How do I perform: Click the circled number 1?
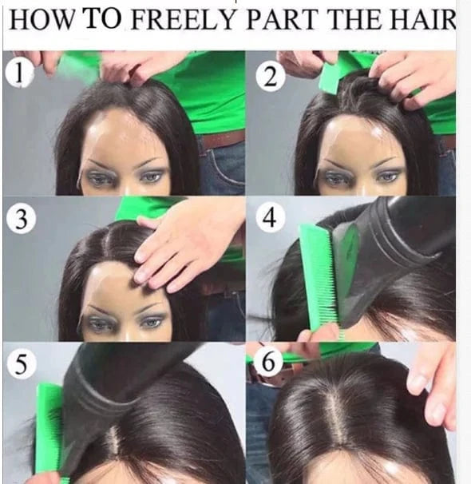[19, 73]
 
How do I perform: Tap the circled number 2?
[271, 77]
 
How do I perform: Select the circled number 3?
[21, 219]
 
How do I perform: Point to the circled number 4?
[269, 217]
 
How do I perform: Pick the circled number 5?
[22, 364]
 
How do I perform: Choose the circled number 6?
[268, 361]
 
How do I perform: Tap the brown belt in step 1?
[223, 140]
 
